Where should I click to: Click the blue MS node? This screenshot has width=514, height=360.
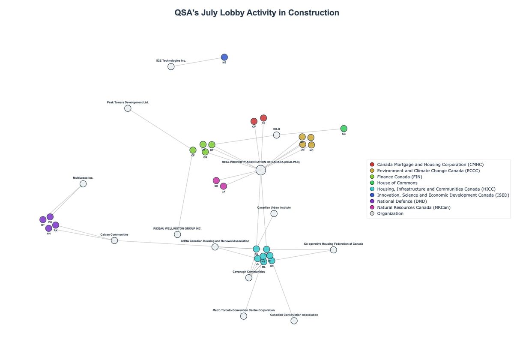click(224, 57)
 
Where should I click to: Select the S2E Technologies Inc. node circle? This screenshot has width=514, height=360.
click(171, 66)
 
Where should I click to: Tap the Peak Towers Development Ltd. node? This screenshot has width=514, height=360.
click(128, 108)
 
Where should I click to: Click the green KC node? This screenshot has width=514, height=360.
click(344, 129)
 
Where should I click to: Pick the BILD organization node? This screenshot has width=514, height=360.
click(277, 135)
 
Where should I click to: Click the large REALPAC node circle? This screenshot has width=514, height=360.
click(260, 170)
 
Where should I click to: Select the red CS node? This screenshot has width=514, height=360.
click(263, 118)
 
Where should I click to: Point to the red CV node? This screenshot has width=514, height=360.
click(254, 121)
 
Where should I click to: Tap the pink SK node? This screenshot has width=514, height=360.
click(216, 180)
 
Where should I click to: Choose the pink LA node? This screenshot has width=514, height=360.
click(224, 186)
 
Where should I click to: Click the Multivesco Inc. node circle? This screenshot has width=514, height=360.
click(83, 184)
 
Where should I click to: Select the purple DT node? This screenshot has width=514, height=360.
click(43, 220)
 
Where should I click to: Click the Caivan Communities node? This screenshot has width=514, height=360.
click(114, 240)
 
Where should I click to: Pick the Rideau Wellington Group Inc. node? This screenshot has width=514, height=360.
click(177, 234)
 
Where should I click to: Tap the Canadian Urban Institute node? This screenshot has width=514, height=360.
click(274, 213)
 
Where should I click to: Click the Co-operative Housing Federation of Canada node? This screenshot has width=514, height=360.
click(333, 250)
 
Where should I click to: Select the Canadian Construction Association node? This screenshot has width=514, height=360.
click(294, 321)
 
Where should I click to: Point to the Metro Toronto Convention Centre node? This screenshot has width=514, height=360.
click(244, 316)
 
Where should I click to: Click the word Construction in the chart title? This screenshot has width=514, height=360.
click(314, 13)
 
